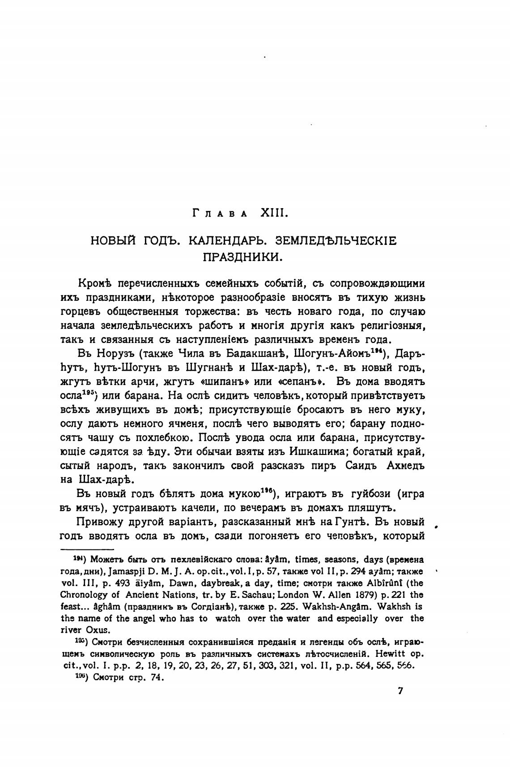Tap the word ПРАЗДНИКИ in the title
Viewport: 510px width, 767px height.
tap(243, 257)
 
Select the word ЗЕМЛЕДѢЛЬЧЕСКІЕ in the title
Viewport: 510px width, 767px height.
tap(336, 240)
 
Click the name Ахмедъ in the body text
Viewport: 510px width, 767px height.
tap(404, 465)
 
